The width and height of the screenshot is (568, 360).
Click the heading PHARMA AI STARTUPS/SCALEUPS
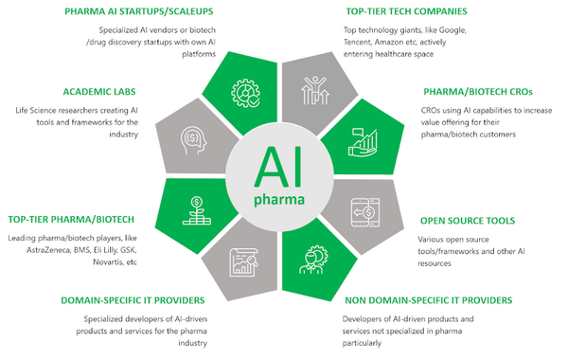click(x=138, y=12)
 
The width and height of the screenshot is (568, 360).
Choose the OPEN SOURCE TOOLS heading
click(x=468, y=221)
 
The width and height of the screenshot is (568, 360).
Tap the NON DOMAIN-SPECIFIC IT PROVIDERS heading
click(x=427, y=300)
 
